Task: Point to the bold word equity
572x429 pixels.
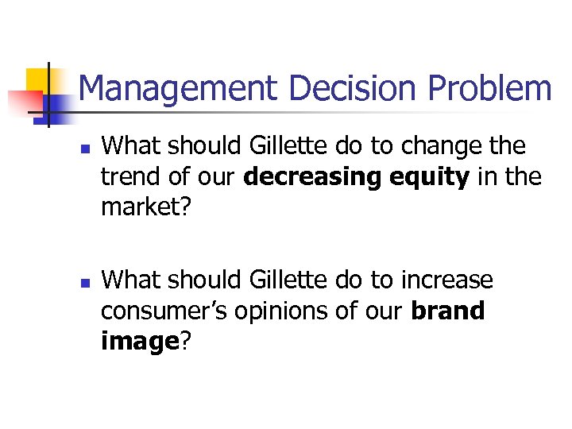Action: click(x=430, y=176)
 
